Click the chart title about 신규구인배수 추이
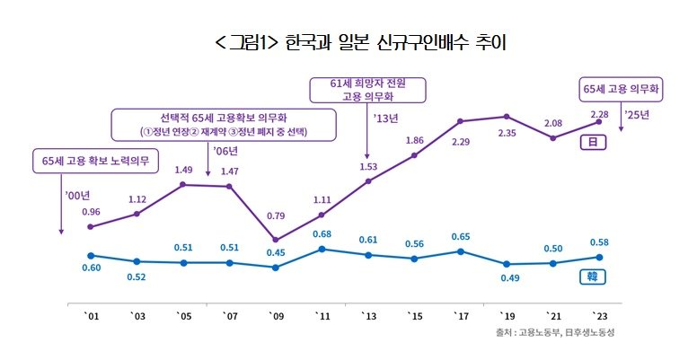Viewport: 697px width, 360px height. pyautogui.click(x=348, y=42)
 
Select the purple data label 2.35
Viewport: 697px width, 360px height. pyautogui.click(x=507, y=135)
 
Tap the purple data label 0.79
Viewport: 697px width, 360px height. pyautogui.click(x=275, y=215)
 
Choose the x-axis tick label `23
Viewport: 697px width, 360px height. pyautogui.click(x=599, y=316)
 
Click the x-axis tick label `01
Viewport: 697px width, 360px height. pyautogui.click(x=91, y=316)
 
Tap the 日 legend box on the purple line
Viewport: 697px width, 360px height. pyautogui.click(x=594, y=142)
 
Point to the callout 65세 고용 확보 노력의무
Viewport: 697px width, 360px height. pyautogui.click(x=94, y=162)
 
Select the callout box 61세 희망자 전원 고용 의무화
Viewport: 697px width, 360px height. pyautogui.click(x=368, y=91)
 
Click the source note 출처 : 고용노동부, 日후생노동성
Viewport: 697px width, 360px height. pyautogui.click(x=558, y=333)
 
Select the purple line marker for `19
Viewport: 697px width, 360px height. pyautogui.click(x=507, y=117)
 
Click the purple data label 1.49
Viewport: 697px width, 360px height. pyautogui.click(x=183, y=170)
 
